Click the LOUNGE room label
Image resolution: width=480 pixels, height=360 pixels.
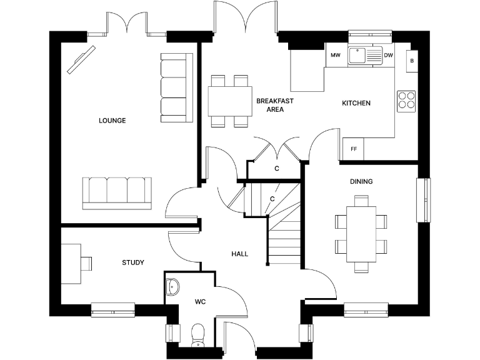point(112,121)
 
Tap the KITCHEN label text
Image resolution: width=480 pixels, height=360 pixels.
point(356,103)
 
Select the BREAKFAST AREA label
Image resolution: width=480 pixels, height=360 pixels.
point(274,105)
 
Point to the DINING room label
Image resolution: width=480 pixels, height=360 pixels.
point(361,182)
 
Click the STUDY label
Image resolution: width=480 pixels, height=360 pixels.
point(132,262)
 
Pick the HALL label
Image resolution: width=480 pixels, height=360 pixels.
point(239,254)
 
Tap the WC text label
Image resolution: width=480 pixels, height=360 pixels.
point(200,302)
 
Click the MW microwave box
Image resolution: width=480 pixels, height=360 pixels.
point(335,56)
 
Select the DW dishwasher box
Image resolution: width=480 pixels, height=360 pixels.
point(389,56)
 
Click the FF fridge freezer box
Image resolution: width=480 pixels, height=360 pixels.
point(353,149)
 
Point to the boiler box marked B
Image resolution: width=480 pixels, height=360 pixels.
point(412,61)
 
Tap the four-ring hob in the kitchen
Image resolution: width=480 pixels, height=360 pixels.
point(406,100)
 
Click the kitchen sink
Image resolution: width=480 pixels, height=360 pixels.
point(365,56)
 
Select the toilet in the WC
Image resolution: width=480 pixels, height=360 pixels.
point(197,334)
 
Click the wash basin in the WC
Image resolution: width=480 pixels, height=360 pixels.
point(172,287)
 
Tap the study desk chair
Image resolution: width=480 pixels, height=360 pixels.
point(86,262)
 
